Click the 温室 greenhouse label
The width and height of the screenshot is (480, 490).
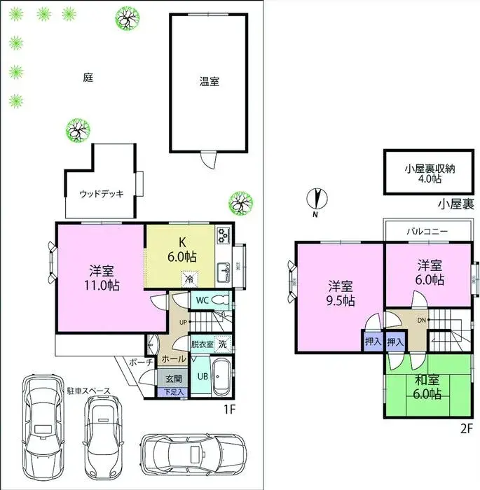pyautogui.click(x=208, y=81)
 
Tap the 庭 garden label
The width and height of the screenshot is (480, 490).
pyautogui.click(x=88, y=78)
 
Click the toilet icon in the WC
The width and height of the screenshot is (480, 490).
pyautogui.click(x=221, y=300)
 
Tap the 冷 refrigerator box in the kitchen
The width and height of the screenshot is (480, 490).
pyautogui.click(x=188, y=279)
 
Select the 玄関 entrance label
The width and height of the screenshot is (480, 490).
pyautogui.click(x=173, y=379)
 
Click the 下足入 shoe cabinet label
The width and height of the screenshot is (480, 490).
pyautogui.click(x=174, y=393)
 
